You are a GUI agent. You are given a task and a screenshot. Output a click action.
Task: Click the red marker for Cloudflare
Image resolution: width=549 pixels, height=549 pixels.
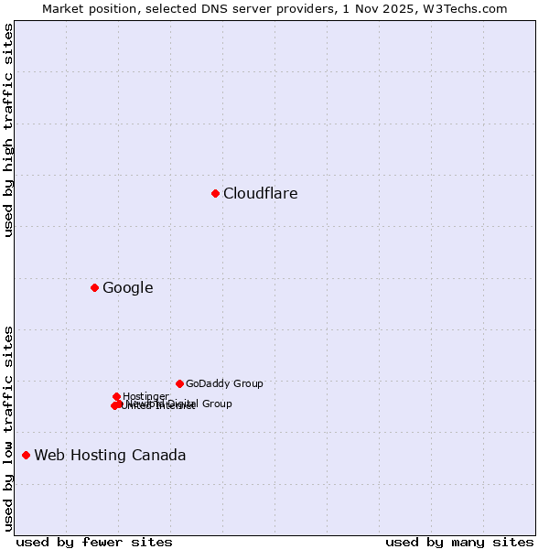click(x=215, y=193)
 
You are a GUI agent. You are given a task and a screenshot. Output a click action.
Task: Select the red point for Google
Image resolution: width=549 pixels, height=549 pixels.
click(x=94, y=287)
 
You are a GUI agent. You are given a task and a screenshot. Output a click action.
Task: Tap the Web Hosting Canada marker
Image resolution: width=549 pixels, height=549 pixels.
click(x=26, y=455)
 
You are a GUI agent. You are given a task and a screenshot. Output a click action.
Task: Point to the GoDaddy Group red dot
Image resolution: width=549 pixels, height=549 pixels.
click(x=179, y=383)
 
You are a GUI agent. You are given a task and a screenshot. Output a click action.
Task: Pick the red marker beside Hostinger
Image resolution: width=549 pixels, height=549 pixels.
click(x=116, y=396)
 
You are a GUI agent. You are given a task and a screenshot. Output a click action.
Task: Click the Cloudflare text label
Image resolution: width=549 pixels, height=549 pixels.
click(x=261, y=193)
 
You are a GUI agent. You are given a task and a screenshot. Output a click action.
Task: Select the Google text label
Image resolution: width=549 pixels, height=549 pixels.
click(x=128, y=287)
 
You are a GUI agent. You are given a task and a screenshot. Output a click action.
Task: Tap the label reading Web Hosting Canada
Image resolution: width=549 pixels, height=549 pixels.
click(x=110, y=455)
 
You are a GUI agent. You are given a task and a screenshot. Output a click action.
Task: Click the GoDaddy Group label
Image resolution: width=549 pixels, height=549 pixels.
click(x=224, y=383)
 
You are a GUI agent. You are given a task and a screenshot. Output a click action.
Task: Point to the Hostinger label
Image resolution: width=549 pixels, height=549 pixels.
click(x=145, y=396)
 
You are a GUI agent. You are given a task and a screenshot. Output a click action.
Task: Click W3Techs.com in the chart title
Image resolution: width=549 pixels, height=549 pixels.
click(x=470, y=8)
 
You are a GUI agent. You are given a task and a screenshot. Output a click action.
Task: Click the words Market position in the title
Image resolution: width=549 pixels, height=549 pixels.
click(x=84, y=8)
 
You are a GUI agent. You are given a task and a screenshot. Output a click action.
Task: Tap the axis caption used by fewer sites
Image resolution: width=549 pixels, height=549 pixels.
click(x=94, y=542)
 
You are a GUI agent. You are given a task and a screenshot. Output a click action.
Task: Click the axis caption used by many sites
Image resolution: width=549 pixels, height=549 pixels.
click(x=459, y=542)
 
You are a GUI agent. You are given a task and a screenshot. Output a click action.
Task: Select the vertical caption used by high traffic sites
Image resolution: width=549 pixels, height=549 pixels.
click(x=8, y=130)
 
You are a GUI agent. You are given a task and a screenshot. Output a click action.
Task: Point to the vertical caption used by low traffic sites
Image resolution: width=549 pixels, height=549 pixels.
click(x=8, y=427)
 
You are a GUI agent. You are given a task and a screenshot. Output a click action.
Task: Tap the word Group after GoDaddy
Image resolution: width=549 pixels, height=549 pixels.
click(x=247, y=383)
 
